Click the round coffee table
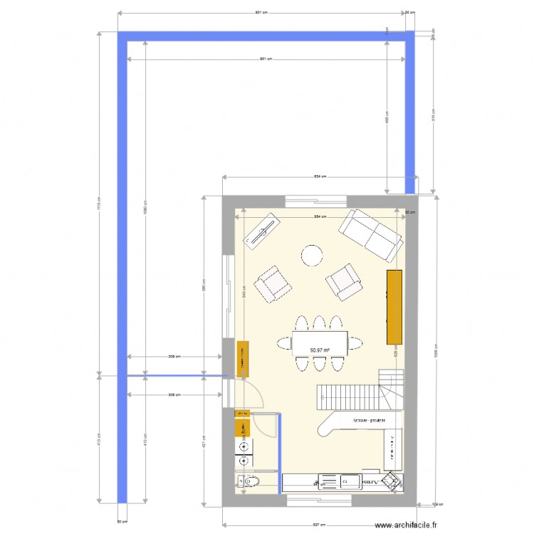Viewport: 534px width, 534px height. coord(311,255)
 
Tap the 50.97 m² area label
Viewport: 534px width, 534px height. coord(320,350)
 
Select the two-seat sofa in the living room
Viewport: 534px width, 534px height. coord(368,234)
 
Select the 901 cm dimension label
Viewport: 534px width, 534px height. coord(266,59)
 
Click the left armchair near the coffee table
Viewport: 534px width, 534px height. coord(273,284)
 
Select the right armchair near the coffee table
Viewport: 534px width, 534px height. coord(345,281)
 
